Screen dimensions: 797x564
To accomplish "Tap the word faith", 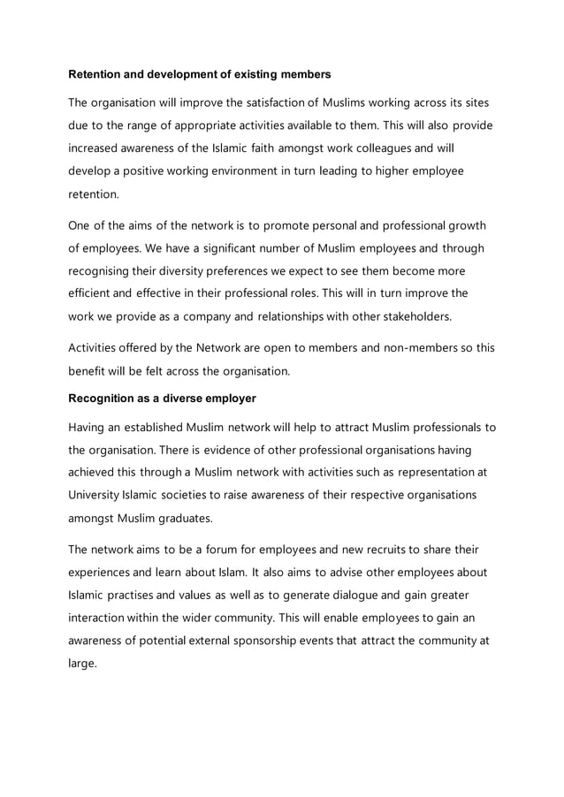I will coord(270,147).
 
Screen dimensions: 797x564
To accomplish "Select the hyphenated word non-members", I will coord(417,348).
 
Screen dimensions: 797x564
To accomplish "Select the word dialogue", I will coord(344,595).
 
